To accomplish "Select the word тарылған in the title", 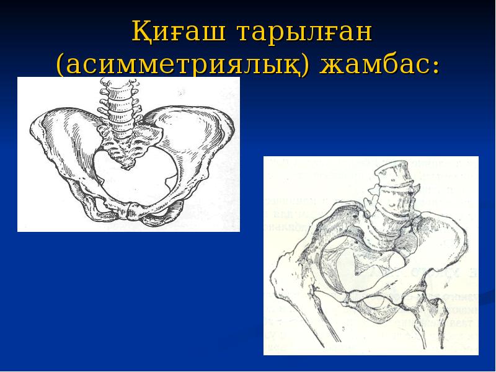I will pos(301,33).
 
